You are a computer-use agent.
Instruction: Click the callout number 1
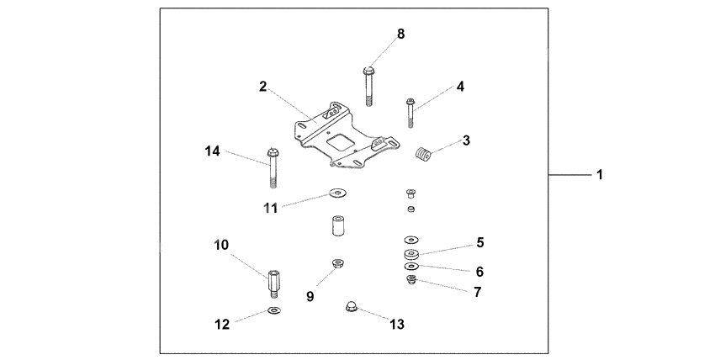600,175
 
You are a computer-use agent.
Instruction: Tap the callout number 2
263,87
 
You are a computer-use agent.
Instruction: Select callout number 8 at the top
400,34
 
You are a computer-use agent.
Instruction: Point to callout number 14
212,151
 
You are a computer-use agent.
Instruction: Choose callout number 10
221,245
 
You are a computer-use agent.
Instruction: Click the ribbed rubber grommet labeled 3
422,153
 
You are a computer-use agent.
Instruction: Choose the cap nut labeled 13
348,308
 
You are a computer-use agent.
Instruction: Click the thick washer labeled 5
412,253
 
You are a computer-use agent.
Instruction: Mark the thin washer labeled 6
411,268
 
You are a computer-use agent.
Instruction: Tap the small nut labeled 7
411,280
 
